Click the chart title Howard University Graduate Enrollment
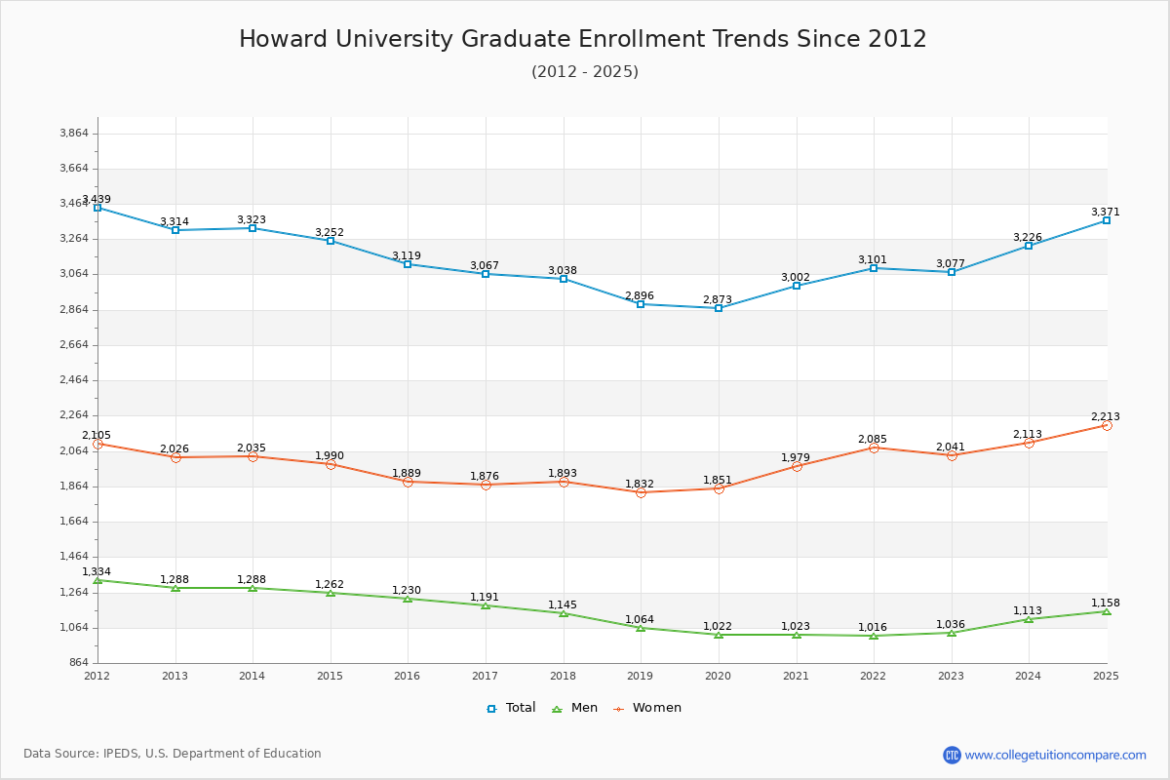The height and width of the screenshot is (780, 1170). point(582,39)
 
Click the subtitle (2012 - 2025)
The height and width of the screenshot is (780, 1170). point(584,71)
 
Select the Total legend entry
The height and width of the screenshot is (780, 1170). point(511,708)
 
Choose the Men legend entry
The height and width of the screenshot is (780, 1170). point(577,708)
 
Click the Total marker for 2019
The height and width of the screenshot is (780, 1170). point(641,304)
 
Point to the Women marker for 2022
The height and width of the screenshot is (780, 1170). point(874,448)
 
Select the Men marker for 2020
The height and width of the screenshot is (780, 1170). point(719,635)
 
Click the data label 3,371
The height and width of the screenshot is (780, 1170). point(1105,212)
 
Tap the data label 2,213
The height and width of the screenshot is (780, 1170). point(1105,416)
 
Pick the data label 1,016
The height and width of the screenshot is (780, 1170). point(873,627)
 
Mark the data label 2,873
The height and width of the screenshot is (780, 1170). point(718,299)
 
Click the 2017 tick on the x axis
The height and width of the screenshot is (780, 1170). point(485,676)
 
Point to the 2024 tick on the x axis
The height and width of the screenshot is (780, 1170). point(1029,676)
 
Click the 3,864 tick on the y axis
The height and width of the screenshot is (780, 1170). point(74,133)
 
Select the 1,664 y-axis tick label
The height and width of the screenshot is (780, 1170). point(74,521)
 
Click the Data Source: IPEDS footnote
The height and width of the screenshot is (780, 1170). point(173,754)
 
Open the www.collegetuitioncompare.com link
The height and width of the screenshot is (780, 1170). point(1055,755)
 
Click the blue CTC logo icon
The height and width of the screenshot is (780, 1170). point(952,755)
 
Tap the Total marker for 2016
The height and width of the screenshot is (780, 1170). point(408,264)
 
